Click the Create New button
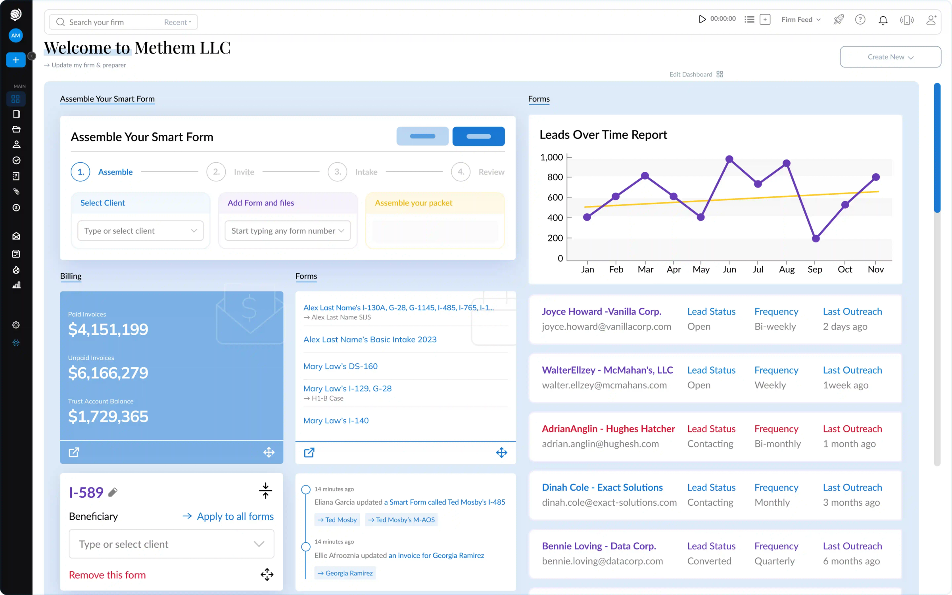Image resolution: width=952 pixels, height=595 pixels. click(x=890, y=57)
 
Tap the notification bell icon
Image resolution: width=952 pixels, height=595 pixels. click(x=883, y=20)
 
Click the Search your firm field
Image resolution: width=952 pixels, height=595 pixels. click(x=115, y=22)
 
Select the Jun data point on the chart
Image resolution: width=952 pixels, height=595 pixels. click(x=729, y=159)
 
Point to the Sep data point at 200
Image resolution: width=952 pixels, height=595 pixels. click(x=816, y=238)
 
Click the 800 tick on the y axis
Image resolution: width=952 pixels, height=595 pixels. click(x=555, y=177)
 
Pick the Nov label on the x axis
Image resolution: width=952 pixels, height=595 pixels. click(x=875, y=270)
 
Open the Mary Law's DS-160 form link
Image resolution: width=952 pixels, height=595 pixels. click(x=340, y=367)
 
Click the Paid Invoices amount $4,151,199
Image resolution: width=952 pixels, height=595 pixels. click(x=108, y=329)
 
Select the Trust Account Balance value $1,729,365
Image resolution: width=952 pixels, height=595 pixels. click(x=108, y=416)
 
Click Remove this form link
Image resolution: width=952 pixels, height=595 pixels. click(x=107, y=575)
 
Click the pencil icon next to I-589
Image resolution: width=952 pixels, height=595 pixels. click(x=113, y=492)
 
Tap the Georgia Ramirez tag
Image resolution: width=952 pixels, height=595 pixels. click(x=345, y=573)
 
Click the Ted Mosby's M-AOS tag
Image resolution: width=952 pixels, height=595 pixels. click(x=401, y=520)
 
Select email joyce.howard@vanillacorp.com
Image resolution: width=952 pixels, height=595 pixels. click(x=606, y=327)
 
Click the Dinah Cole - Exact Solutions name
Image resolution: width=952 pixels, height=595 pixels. click(x=602, y=488)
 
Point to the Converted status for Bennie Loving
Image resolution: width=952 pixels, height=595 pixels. click(x=709, y=561)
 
